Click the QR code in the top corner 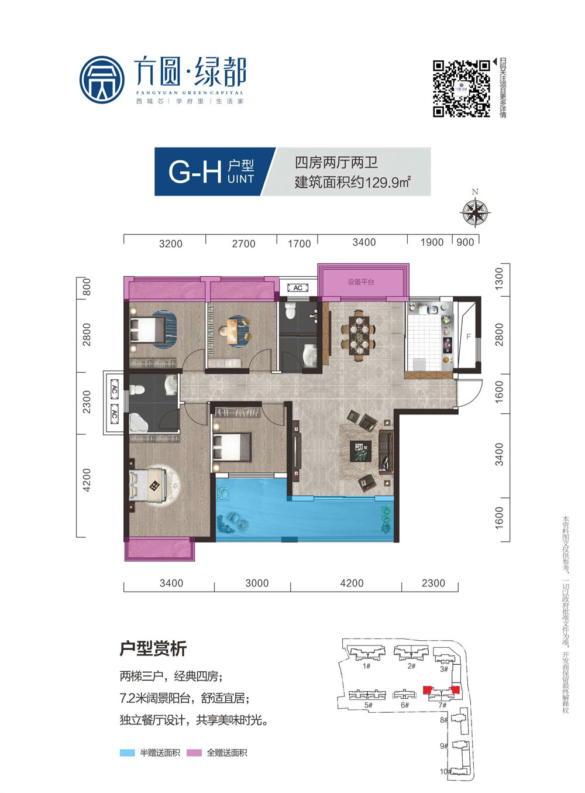coord(461,88)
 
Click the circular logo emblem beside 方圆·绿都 coord(102,80)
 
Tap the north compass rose coord(475,211)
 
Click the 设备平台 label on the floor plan coord(361,282)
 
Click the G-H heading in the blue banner coord(194,171)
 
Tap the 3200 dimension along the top coord(170,244)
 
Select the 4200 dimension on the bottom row coord(352,583)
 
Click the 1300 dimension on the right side coord(499,279)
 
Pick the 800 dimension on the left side coord(87,287)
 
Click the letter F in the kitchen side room coord(469,337)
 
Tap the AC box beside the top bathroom coord(298,288)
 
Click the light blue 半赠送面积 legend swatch coord(127,753)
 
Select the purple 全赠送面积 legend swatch coord(194,753)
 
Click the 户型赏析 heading coord(153,648)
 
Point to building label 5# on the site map coord(368,705)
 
